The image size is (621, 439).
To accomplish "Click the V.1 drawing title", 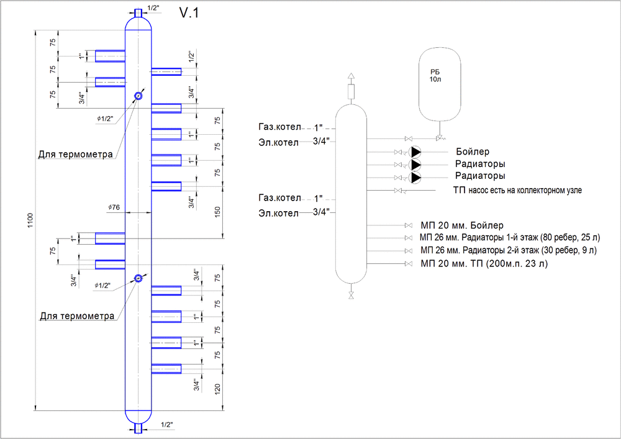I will coord(189,13).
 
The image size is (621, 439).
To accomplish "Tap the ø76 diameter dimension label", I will coord(114,207).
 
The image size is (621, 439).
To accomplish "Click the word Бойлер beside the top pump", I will coord(473,152).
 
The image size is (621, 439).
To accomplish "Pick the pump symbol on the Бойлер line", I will coord(415,152).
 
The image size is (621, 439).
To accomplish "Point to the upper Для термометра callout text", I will coord(76,154).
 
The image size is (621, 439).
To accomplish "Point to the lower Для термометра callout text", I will coord(77,316).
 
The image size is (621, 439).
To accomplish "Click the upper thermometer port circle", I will coord(138,96).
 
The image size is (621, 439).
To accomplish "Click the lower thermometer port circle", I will coord(138,278).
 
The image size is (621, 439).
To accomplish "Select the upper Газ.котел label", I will coord(280,127).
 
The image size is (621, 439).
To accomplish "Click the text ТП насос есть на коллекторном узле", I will coord(517,190).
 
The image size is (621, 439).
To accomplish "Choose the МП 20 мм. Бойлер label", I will coord(462,225).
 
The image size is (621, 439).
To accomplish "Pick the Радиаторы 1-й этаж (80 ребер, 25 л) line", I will coord(510,238).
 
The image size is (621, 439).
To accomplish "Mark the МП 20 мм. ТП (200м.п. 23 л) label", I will coord(484,265).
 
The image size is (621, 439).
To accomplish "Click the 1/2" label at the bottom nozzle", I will coord(166,425).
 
